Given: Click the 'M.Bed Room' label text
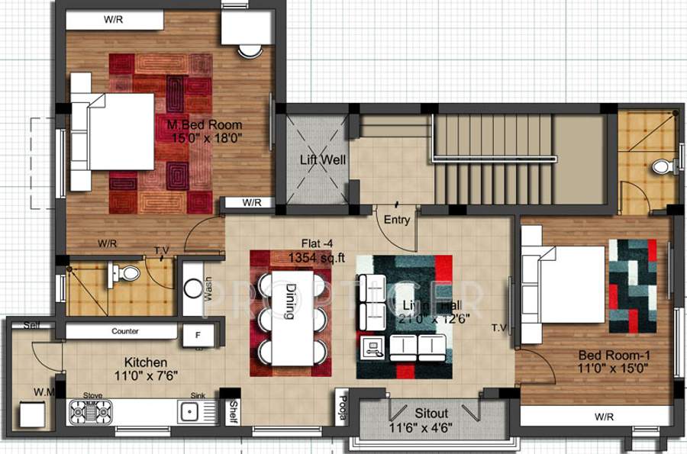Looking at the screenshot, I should [x=205, y=124].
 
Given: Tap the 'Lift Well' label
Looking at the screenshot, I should [x=322, y=160].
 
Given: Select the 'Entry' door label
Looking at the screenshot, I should [x=397, y=220].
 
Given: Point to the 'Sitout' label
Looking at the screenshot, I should [x=432, y=414].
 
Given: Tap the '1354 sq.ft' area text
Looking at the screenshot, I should [x=311, y=259].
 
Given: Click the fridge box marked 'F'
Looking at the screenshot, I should [x=198, y=334].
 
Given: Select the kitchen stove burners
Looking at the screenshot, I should [x=91, y=412].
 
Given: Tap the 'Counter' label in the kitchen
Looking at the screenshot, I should [x=124, y=332].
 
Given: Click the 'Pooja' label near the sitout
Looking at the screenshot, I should [x=343, y=409].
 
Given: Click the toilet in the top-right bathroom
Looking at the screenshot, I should [x=662, y=166].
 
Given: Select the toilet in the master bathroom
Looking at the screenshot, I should [x=130, y=272].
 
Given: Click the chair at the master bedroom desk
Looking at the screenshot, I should [x=249, y=51].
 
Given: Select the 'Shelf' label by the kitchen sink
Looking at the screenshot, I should [x=233, y=411].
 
